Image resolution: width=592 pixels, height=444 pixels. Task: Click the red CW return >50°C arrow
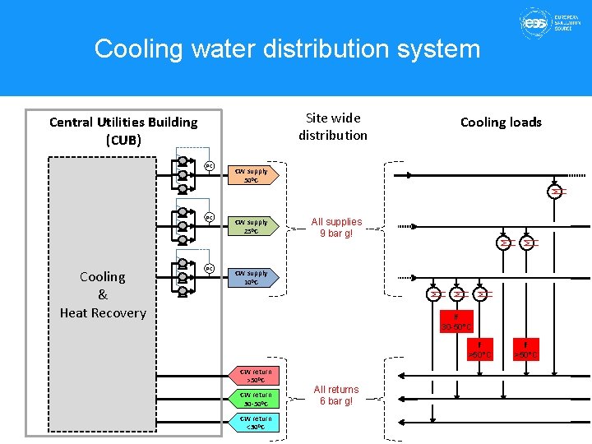click(x=257, y=377)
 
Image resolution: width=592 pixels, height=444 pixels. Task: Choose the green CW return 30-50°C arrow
click(x=257, y=400)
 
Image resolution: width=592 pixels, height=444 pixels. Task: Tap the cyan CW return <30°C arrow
click(x=257, y=423)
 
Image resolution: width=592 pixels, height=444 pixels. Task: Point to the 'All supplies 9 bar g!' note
click(x=335, y=228)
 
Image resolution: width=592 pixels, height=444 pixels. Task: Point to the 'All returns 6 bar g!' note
click(x=335, y=395)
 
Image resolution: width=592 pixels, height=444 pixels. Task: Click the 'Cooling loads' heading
click(x=501, y=123)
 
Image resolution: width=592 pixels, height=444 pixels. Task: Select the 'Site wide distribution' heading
click(x=333, y=127)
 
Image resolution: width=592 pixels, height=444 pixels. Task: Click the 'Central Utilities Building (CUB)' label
click(x=123, y=131)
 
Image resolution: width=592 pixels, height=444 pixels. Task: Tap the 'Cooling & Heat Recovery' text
click(x=103, y=294)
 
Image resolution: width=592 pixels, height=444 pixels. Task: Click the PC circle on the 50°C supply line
click(x=210, y=166)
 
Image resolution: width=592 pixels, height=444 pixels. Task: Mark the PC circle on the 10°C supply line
click(x=210, y=269)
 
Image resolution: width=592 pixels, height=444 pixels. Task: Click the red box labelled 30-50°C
click(x=456, y=322)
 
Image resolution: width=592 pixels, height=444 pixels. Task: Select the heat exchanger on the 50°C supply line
click(x=557, y=192)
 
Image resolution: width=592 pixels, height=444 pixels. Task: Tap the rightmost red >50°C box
click(x=525, y=349)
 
